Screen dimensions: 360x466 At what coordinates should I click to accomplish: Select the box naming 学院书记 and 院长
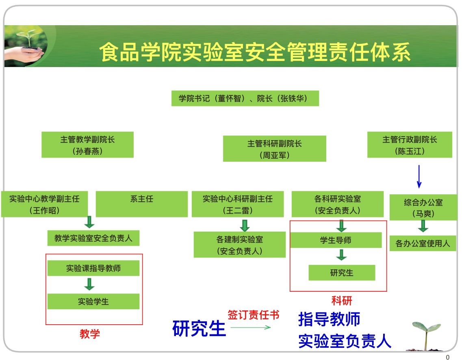(245, 98)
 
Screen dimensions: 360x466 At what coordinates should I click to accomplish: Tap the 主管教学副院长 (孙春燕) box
(87, 145)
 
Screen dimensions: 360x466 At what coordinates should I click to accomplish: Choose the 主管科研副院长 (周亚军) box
(274, 149)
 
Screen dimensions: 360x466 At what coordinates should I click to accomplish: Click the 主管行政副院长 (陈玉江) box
(410, 145)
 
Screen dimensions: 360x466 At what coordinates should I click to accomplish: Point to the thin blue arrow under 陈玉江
(419, 176)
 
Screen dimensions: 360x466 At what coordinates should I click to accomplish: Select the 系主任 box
(142, 204)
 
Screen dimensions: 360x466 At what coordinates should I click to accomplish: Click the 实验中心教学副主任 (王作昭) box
(44, 204)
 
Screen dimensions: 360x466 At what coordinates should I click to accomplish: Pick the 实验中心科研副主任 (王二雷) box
(238, 204)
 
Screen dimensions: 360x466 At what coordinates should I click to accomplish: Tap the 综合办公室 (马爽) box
(423, 208)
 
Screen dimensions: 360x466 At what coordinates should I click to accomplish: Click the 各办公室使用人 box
(423, 243)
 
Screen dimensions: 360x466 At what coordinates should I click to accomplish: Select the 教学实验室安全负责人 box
(93, 239)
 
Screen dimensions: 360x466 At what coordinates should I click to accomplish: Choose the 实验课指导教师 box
(93, 268)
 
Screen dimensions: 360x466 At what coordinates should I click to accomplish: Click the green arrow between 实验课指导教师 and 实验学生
(89, 284)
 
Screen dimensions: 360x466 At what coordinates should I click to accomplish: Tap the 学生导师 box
(336, 240)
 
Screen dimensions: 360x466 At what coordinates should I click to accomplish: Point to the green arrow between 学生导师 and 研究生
(342, 255)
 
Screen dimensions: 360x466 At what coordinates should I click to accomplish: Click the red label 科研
(342, 301)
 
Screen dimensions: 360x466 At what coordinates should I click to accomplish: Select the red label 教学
(90, 334)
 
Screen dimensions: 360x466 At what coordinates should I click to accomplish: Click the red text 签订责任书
(254, 315)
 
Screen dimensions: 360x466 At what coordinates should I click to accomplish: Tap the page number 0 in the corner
(448, 358)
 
